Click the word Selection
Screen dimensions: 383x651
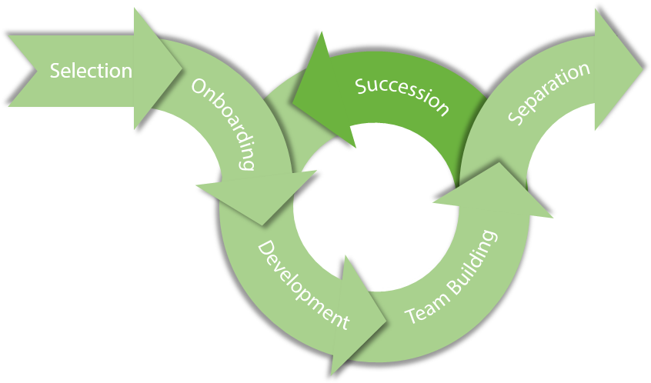coord(91,71)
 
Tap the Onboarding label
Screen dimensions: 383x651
coord(224,123)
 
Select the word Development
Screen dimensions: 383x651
coord(302,285)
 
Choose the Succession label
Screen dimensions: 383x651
coord(402,95)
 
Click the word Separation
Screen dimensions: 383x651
coord(549,93)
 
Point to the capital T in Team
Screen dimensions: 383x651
coord(409,317)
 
